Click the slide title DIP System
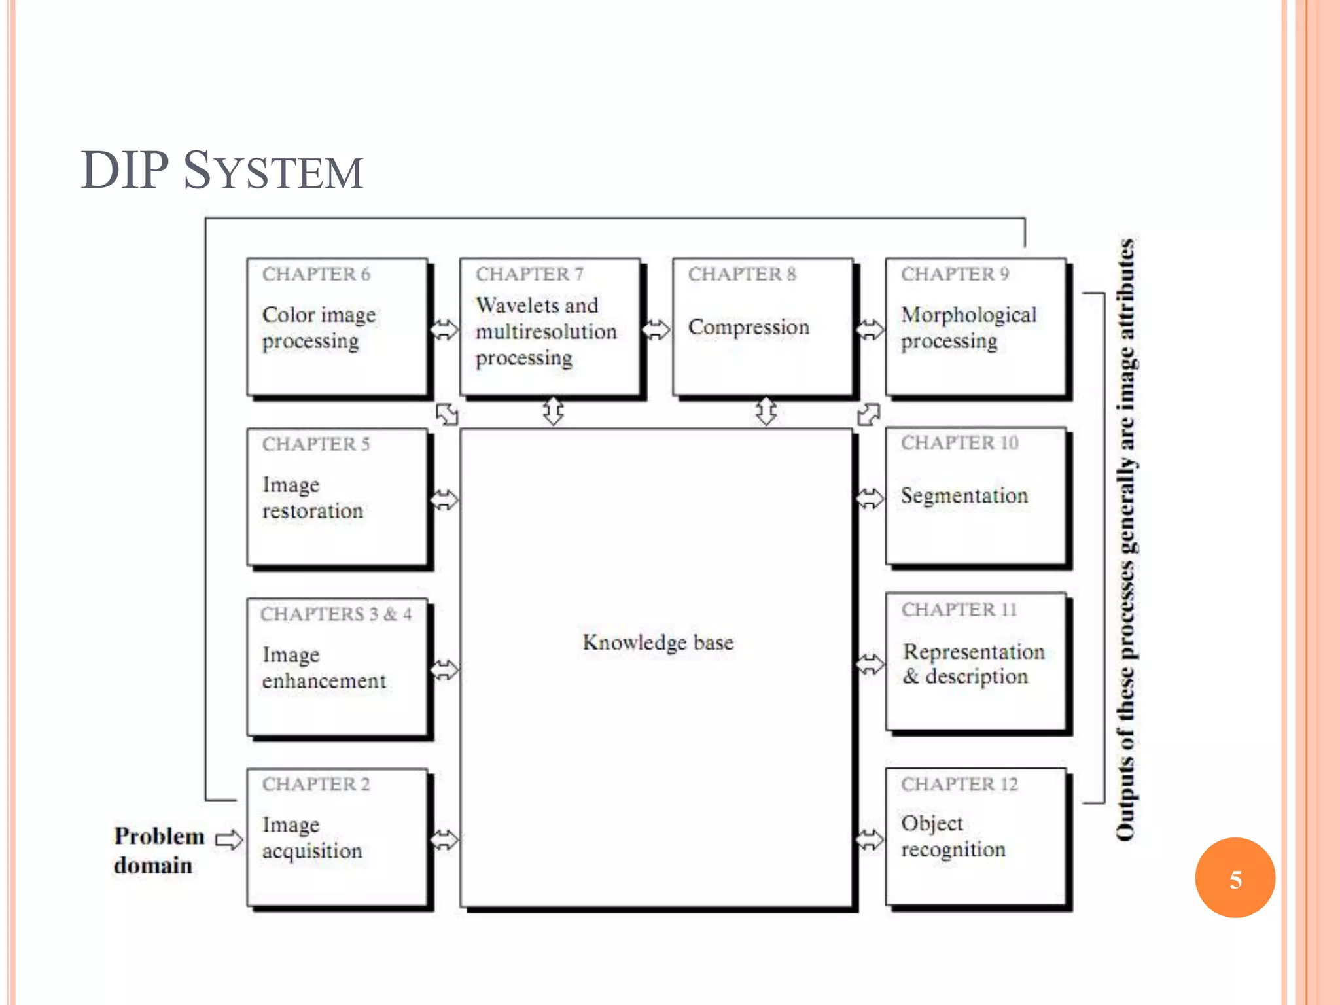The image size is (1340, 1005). coord(222,171)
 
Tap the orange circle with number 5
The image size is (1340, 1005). coord(1235,878)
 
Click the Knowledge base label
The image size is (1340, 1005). coord(658,643)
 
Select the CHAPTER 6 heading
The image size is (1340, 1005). coord(316,274)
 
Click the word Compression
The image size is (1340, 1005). coord(749,326)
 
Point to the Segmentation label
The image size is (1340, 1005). coord(964,495)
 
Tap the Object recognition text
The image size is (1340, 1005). coord(953,836)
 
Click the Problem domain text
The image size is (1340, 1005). coord(158,850)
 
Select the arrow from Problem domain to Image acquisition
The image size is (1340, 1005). coord(229,839)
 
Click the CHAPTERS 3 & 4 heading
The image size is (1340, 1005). coord(336,614)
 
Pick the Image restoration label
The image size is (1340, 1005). coord(312,497)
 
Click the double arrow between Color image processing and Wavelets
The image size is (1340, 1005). coord(445,329)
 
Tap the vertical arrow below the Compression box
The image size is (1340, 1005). coord(766,412)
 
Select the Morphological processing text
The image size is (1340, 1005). coord(968,327)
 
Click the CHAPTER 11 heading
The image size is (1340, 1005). coord(959,610)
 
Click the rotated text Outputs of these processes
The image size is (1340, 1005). coord(1125,540)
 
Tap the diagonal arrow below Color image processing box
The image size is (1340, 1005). coord(448,414)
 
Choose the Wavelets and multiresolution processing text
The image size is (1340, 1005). coord(545,331)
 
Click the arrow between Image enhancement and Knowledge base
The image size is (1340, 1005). coord(445,669)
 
